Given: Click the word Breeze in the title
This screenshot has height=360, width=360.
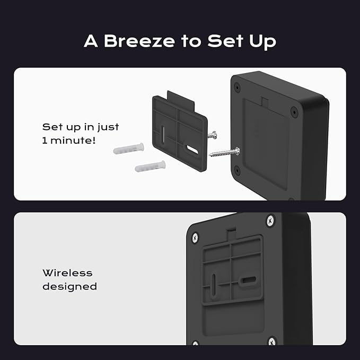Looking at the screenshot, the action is pos(139,41).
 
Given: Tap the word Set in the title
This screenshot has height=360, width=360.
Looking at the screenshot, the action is pos(225,41).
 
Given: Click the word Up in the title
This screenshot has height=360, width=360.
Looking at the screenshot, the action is pos(262,42).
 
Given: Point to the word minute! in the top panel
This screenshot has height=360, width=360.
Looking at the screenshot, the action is pos(73,141).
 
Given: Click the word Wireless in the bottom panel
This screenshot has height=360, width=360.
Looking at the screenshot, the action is pos(67,273).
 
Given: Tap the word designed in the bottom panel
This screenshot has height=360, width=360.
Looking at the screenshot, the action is pos(69,286).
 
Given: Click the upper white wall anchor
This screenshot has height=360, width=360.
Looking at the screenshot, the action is pos(128,148).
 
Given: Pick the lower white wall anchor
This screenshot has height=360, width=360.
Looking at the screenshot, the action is pos(150,166).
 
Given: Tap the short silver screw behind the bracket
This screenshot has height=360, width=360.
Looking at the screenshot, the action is pos(212,135).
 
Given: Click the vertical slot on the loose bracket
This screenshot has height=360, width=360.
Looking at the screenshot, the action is pos(163,135).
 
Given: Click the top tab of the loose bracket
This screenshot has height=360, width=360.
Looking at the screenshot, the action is pos(181,100).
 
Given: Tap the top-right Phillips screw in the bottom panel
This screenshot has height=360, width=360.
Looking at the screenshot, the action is pos(270,221).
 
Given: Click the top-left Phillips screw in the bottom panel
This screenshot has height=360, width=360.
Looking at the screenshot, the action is pos(195,238).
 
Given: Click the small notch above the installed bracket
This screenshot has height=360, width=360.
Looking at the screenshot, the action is pos(231,233).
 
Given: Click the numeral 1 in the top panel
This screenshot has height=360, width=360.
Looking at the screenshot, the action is pos(45,141).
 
